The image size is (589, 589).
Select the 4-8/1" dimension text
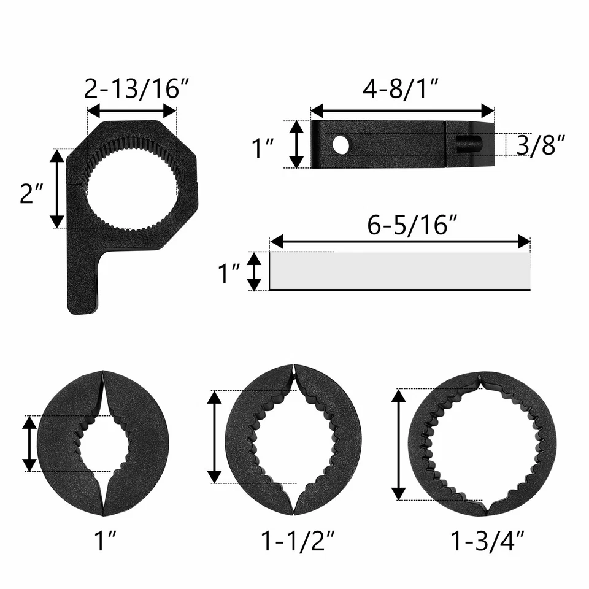(x=402, y=89)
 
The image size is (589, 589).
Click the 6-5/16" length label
(x=413, y=224)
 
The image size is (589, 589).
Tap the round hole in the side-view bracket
(x=341, y=145)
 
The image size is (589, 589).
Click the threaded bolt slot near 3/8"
(x=469, y=145)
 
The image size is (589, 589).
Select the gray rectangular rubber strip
(x=400, y=271)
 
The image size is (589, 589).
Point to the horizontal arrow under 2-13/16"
(x=132, y=111)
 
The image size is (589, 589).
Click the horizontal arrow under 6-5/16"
(x=400, y=242)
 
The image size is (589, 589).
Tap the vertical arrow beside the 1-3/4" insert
(x=399, y=445)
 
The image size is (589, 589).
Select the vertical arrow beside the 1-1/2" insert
(x=214, y=436)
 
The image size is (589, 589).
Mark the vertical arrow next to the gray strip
(x=254, y=271)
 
